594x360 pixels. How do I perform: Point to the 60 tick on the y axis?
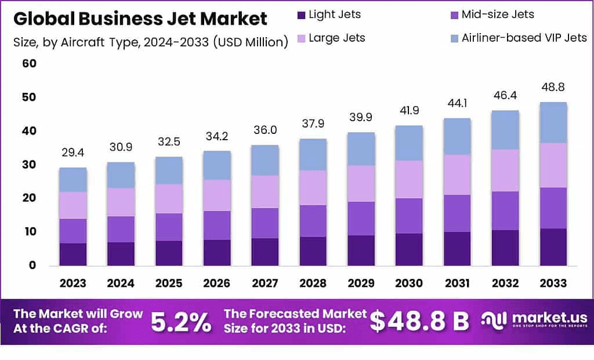click(29, 63)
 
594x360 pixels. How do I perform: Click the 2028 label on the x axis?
click(313, 283)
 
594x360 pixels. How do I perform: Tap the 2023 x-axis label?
click(73, 283)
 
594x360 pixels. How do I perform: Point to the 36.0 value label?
click(265, 131)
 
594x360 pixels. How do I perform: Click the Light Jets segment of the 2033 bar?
click(552, 247)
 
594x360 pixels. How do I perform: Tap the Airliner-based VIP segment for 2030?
click(409, 143)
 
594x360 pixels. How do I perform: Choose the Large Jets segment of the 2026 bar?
click(217, 195)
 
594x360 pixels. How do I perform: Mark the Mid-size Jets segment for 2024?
click(121, 230)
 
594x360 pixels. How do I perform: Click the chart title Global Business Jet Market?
click(140, 19)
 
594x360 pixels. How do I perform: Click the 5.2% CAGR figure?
click(181, 322)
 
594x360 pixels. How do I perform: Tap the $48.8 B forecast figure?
click(419, 322)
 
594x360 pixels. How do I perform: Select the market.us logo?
click(534, 320)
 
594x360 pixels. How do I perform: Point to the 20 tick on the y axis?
click(29, 198)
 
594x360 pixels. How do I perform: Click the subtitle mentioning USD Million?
click(150, 42)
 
